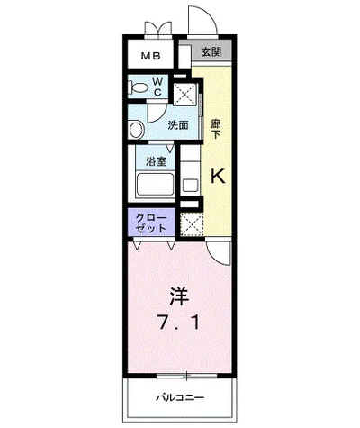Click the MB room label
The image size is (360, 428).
[151, 56]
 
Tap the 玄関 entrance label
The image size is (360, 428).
[211, 52]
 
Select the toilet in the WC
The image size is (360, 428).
[139, 88]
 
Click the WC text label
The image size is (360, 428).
[157, 87]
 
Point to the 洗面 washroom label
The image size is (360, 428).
[178, 125]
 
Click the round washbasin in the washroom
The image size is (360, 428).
[137, 130]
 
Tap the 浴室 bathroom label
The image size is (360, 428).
[156, 161]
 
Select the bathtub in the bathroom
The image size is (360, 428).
[155, 185]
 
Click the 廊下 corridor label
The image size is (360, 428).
[215, 129]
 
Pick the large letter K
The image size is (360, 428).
[218, 176]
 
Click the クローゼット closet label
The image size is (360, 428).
[151, 223]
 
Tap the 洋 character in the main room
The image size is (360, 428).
[180, 296]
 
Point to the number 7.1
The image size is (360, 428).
[179, 323]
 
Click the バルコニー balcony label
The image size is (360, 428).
[180, 398]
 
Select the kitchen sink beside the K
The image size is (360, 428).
[190, 185]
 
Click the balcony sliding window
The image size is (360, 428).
[186, 376]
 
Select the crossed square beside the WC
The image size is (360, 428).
[185, 94]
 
